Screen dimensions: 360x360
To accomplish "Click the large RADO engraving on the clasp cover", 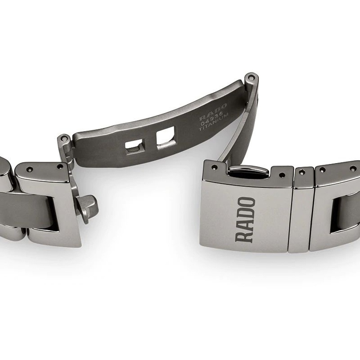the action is [x=245, y=220].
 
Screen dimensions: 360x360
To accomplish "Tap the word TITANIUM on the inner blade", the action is [x=214, y=122].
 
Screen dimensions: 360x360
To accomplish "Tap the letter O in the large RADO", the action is [x=245, y=202].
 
